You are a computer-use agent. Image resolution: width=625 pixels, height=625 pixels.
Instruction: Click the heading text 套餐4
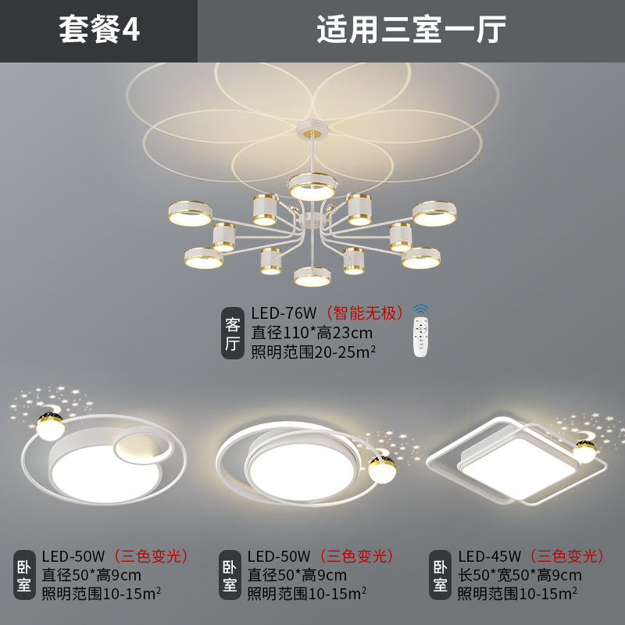pos(99,30)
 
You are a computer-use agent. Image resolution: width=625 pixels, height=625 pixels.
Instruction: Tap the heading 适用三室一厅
pos(411,30)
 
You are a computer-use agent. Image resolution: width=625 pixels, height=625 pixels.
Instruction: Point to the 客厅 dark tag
pos(233,334)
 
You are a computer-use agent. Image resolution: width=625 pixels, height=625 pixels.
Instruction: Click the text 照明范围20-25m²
pos(313,352)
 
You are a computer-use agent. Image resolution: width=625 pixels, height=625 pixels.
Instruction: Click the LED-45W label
pos(489,556)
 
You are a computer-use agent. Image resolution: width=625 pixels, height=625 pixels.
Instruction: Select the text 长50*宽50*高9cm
pos(520,576)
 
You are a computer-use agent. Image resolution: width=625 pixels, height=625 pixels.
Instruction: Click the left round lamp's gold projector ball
pos(49,426)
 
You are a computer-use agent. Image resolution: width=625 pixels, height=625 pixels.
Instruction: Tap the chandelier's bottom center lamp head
pos(312,277)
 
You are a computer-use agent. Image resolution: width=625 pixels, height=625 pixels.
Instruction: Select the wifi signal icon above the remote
pos(421,309)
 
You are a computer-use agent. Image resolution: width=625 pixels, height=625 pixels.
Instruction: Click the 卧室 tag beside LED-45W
pos(441,576)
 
